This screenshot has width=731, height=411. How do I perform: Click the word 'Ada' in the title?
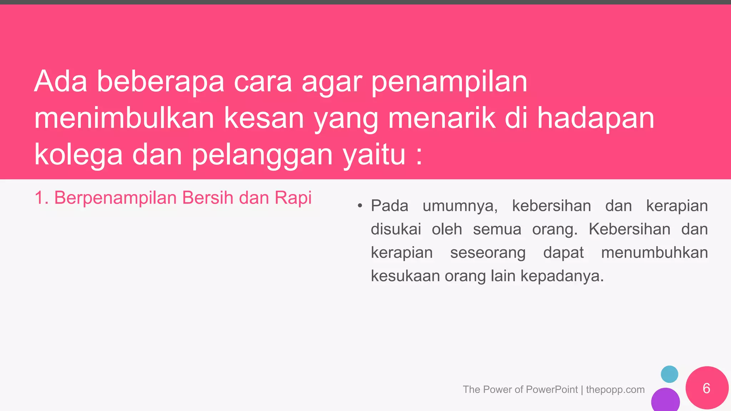(60, 81)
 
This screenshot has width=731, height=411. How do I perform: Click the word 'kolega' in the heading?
(79, 156)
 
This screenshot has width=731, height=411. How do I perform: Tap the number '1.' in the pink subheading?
(41, 198)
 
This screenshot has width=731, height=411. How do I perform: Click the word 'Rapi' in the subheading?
(293, 198)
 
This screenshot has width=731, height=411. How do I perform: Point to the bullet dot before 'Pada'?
(360, 206)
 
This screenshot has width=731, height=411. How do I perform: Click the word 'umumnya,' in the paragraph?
(460, 206)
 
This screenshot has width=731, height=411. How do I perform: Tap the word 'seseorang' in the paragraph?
(488, 253)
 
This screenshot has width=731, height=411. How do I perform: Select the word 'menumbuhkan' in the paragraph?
(654, 253)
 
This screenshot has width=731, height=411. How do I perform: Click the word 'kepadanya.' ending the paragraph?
(562, 276)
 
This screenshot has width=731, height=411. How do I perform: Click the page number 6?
(706, 388)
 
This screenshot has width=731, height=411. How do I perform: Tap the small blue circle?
(669, 374)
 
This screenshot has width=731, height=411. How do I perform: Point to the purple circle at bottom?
(665, 400)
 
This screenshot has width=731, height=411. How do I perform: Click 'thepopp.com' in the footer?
(615, 390)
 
